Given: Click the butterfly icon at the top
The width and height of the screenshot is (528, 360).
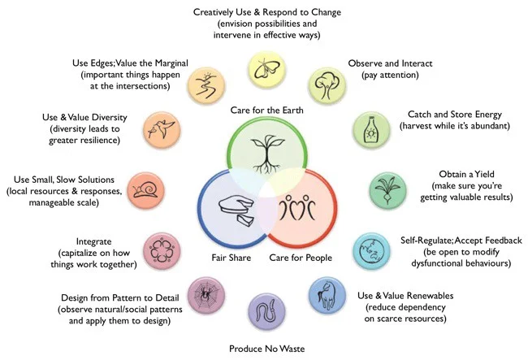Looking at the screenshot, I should pos(263,67).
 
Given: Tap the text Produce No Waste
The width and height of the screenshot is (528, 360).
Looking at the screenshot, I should pos(264,348).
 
